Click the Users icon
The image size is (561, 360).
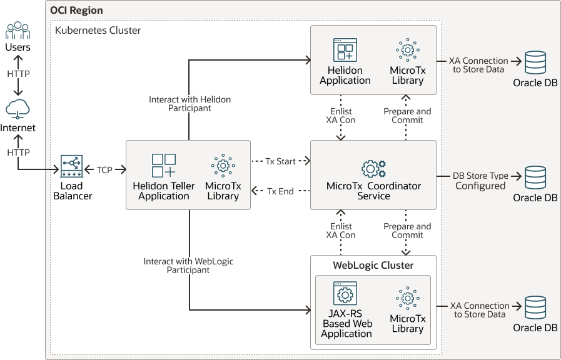click(18, 30)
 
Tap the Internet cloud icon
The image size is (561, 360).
click(18, 110)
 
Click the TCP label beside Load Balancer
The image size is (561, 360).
click(105, 169)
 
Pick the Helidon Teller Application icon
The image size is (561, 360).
click(164, 166)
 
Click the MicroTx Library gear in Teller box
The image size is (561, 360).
click(223, 166)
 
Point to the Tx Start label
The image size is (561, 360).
click(280, 161)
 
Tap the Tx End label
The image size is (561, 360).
click(280, 191)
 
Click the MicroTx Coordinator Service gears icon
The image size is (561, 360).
click(373, 169)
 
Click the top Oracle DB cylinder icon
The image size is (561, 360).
click(535, 62)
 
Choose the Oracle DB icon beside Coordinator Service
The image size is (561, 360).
click(535, 177)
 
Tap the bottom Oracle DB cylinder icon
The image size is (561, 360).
click(535, 307)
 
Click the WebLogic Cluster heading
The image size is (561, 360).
click(373, 265)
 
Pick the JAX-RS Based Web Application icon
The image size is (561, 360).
click(345, 293)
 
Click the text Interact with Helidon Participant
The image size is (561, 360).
click(190, 104)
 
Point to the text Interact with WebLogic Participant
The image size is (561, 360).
click(188, 266)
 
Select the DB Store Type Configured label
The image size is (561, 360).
click(480, 181)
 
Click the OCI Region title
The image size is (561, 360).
click(77, 11)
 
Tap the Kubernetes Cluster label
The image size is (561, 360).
click(98, 30)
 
